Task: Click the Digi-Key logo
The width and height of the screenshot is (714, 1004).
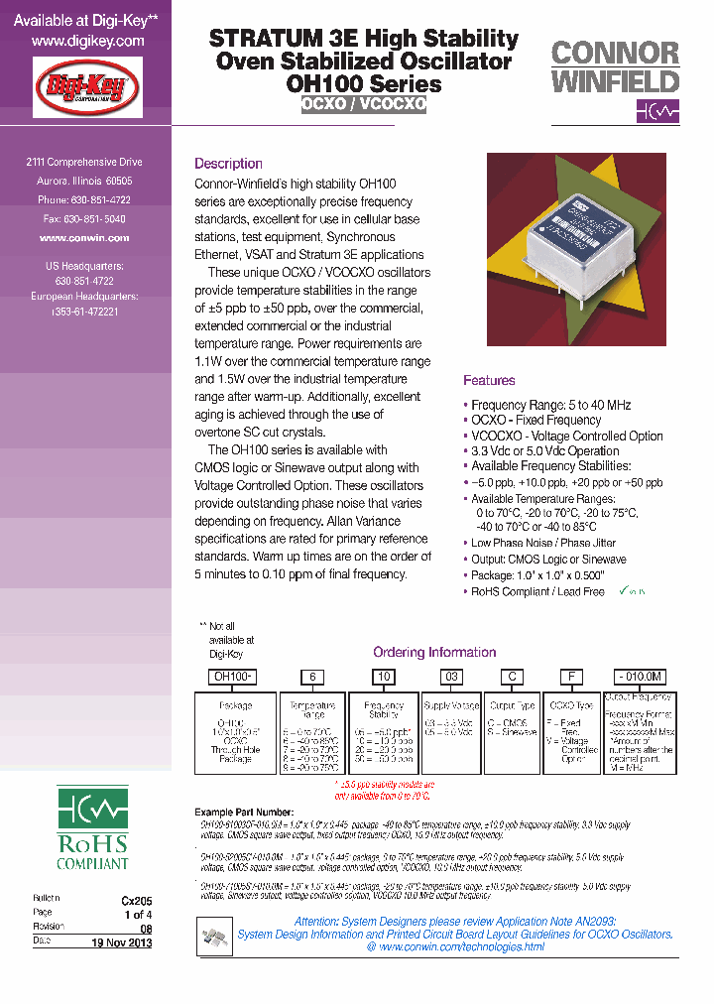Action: [87, 88]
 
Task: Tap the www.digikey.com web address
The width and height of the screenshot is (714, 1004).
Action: [87, 42]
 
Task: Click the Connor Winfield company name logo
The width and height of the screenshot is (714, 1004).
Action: [615, 66]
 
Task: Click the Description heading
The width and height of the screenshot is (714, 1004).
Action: [228, 164]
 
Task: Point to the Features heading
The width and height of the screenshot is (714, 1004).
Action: [489, 381]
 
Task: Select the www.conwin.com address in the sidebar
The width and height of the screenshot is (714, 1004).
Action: [84, 238]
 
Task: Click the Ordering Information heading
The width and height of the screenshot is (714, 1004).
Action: [433, 652]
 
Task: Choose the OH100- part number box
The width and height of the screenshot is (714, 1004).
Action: [229, 677]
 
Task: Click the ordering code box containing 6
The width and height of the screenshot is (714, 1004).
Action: [312, 677]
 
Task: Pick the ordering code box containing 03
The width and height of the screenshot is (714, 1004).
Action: [450, 677]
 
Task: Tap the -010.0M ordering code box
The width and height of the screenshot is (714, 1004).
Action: [640, 677]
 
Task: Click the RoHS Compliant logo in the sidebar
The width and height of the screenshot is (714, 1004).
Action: [92, 828]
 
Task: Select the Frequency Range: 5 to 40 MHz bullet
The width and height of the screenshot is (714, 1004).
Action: [550, 405]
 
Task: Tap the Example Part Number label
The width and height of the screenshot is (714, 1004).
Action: [244, 812]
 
